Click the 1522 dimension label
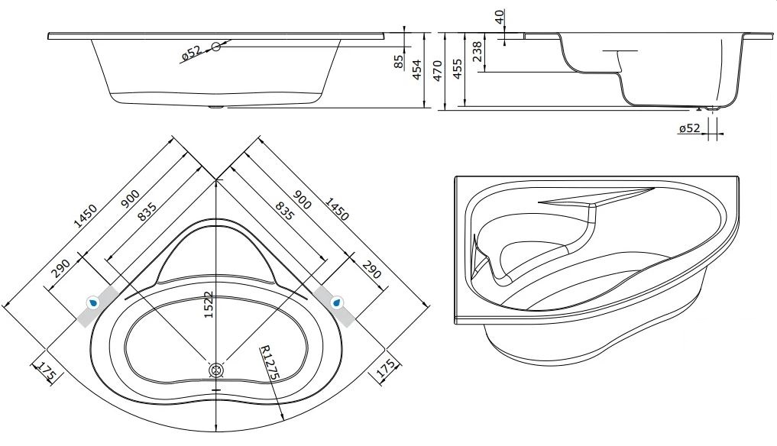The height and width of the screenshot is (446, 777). [x=209, y=304]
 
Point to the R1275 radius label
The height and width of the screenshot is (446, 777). [x=270, y=362]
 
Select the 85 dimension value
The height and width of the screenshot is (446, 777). [x=399, y=61]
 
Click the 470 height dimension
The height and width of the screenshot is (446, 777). [x=437, y=70]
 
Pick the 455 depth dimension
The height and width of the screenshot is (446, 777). [x=458, y=69]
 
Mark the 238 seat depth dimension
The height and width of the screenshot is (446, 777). [x=477, y=51]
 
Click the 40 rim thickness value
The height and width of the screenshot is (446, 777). [x=500, y=17]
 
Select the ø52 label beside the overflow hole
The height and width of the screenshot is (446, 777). [x=191, y=53]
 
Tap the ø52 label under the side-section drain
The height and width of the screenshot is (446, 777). [x=690, y=128]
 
